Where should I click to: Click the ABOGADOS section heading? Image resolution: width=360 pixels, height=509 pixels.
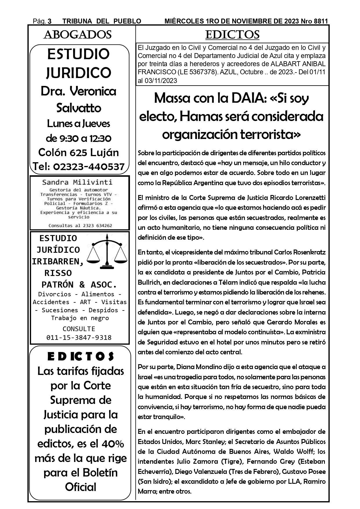tap(77, 35)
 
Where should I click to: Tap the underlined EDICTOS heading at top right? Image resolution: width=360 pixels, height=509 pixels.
tap(232, 35)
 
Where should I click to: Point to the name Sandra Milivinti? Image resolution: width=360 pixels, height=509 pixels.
tap(77, 182)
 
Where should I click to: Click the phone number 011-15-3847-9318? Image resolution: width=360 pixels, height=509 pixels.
tap(79, 337)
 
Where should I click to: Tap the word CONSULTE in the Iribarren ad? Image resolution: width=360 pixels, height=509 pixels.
tap(79, 329)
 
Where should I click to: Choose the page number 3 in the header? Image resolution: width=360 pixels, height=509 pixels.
tap(50, 21)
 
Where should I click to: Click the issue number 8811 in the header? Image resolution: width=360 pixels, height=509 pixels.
tap(321, 21)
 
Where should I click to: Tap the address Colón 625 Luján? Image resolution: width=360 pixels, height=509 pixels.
tap(79, 152)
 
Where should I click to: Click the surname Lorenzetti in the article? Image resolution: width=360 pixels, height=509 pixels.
tap(310, 198)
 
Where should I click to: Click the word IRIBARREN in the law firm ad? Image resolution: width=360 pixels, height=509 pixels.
tap(57, 261)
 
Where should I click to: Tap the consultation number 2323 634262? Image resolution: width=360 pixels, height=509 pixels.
tap(93, 225)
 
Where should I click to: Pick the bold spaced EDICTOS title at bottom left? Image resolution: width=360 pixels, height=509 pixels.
tap(81, 357)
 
